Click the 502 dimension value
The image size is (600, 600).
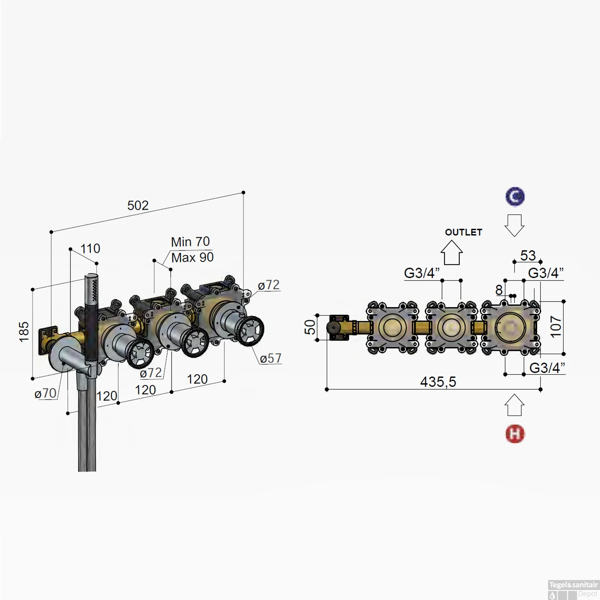(138, 206)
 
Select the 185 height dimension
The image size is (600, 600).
(24, 332)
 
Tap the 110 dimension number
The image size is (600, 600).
(90, 248)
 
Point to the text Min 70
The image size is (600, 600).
(190, 242)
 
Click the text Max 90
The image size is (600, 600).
(192, 258)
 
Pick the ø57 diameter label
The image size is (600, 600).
(270, 358)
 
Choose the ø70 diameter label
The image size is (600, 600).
(45, 393)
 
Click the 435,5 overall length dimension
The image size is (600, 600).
(438, 382)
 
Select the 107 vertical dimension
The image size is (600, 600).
(556, 326)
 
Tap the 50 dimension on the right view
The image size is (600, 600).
(310, 327)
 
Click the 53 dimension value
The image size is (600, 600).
(528, 255)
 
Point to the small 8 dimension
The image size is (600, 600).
(499, 290)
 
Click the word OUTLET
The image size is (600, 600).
(463, 232)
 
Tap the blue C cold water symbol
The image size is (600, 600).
(515, 197)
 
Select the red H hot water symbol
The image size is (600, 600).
(515, 434)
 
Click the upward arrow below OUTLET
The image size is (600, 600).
(452, 253)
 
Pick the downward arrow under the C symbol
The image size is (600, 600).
(514, 225)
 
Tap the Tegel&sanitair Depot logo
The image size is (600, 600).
(573, 590)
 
